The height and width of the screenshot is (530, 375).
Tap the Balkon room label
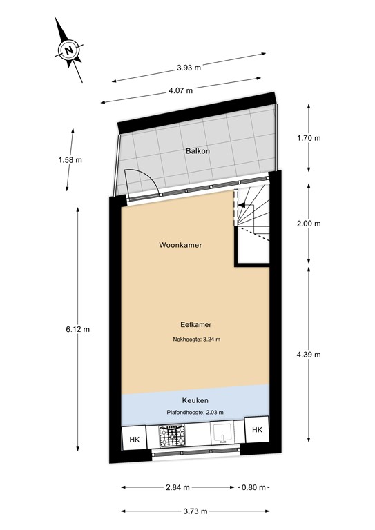(197, 150)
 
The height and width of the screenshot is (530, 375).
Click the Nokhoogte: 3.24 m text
(196, 340)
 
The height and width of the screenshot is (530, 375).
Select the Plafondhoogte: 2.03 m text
(195, 413)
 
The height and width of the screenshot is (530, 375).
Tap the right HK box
(257, 430)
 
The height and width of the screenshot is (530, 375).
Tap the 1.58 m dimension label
(70, 160)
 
